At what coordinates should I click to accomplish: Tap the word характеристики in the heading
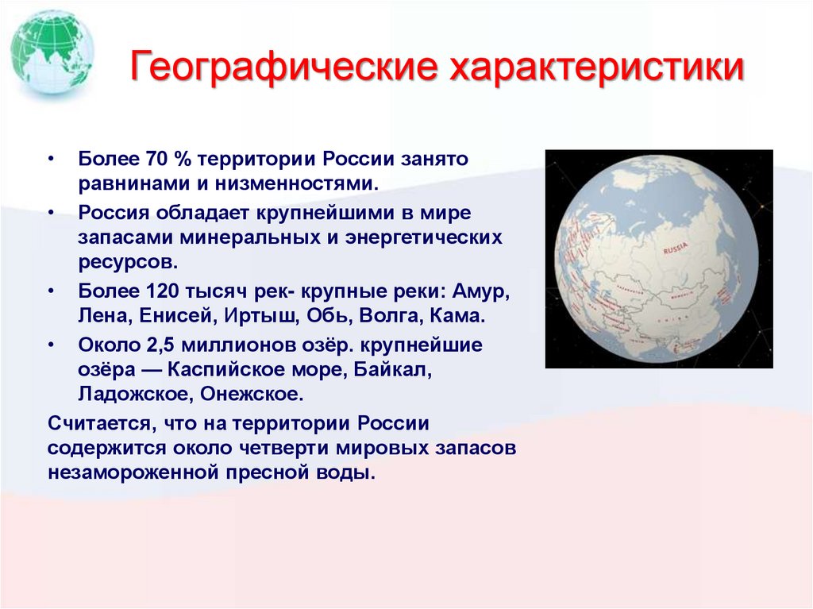[x=597, y=68]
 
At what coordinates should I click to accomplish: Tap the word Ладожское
[x=131, y=395]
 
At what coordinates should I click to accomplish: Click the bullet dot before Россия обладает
[x=52, y=214]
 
